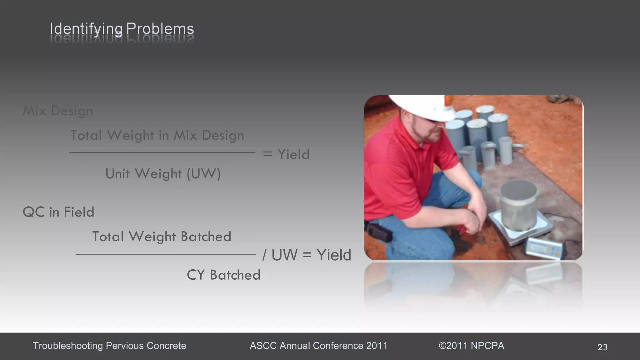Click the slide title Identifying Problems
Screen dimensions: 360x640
[122, 29]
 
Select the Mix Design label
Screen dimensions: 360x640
[58, 111]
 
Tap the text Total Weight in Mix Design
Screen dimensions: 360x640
[157, 135]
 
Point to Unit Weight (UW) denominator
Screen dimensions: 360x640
[163, 174]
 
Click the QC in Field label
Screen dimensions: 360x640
[58, 212]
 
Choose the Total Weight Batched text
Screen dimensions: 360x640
[162, 237]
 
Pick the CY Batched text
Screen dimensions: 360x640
[223, 275]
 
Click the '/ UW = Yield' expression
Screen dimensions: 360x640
[307, 255]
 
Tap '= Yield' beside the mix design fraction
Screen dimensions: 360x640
[286, 154]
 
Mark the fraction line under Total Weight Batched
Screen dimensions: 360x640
[166, 254]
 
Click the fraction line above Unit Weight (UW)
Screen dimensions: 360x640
[162, 152]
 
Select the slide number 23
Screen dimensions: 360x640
[602, 347]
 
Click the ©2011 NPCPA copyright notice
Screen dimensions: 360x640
[471, 346]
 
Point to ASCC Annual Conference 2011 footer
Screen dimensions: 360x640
[318, 346]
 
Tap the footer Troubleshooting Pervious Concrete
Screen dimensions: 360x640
[109, 346]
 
